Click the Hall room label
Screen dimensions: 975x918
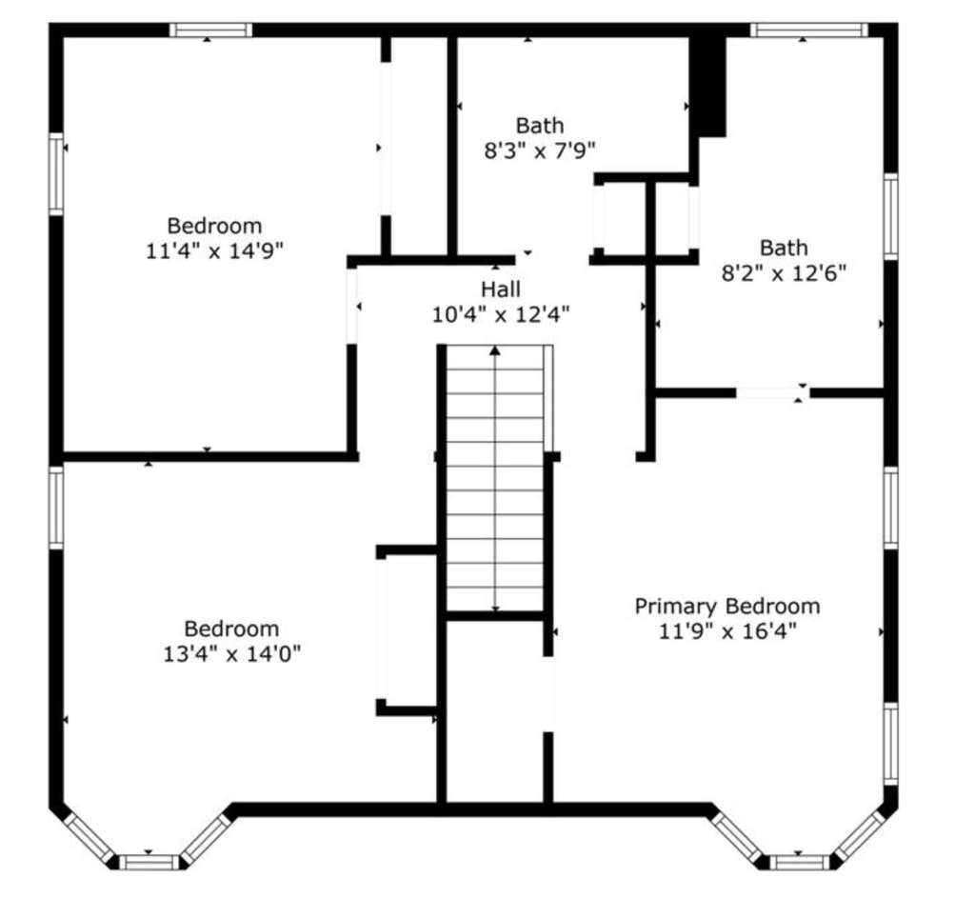pyautogui.click(x=501, y=289)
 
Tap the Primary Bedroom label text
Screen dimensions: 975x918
pyautogui.click(x=726, y=607)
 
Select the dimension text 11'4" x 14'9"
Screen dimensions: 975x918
pyautogui.click(x=214, y=251)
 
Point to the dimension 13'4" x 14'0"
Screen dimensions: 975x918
pyautogui.click(x=232, y=654)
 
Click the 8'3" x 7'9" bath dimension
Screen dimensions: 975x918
pyautogui.click(x=540, y=151)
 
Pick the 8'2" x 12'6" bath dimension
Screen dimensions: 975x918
pyautogui.click(x=784, y=273)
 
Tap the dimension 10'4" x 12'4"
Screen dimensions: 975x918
pyautogui.click(x=501, y=315)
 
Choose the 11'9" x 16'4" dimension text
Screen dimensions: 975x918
pyautogui.click(x=726, y=632)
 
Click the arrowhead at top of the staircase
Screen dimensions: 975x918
pyautogui.click(x=495, y=350)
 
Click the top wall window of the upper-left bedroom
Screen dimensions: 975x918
pyautogui.click(x=210, y=30)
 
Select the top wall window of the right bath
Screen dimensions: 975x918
pyautogui.click(x=808, y=30)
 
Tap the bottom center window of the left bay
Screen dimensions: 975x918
pyautogui.click(x=149, y=862)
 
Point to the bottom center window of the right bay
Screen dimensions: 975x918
pyautogui.click(x=800, y=862)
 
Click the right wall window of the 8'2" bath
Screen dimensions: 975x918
pyautogui.click(x=890, y=216)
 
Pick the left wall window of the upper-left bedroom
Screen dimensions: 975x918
pyautogui.click(x=56, y=173)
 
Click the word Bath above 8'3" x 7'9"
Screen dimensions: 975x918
pyautogui.click(x=540, y=126)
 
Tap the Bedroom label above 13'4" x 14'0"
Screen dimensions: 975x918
pyautogui.click(x=231, y=629)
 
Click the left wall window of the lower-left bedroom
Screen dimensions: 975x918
pyautogui.click(x=56, y=508)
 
